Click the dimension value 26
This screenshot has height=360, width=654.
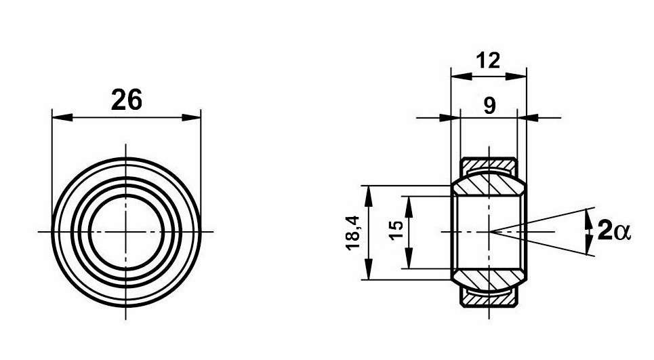click(126, 100)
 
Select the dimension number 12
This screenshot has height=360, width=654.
click(488, 60)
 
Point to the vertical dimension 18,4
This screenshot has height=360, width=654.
click(352, 232)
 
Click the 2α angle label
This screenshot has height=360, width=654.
click(614, 232)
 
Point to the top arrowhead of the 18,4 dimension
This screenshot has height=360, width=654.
click(368, 194)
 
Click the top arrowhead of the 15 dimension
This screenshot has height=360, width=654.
click(409, 204)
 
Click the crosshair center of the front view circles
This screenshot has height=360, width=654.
click(127, 232)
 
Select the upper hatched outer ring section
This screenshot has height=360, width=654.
click(489, 164)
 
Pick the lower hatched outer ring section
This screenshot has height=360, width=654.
click(489, 299)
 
